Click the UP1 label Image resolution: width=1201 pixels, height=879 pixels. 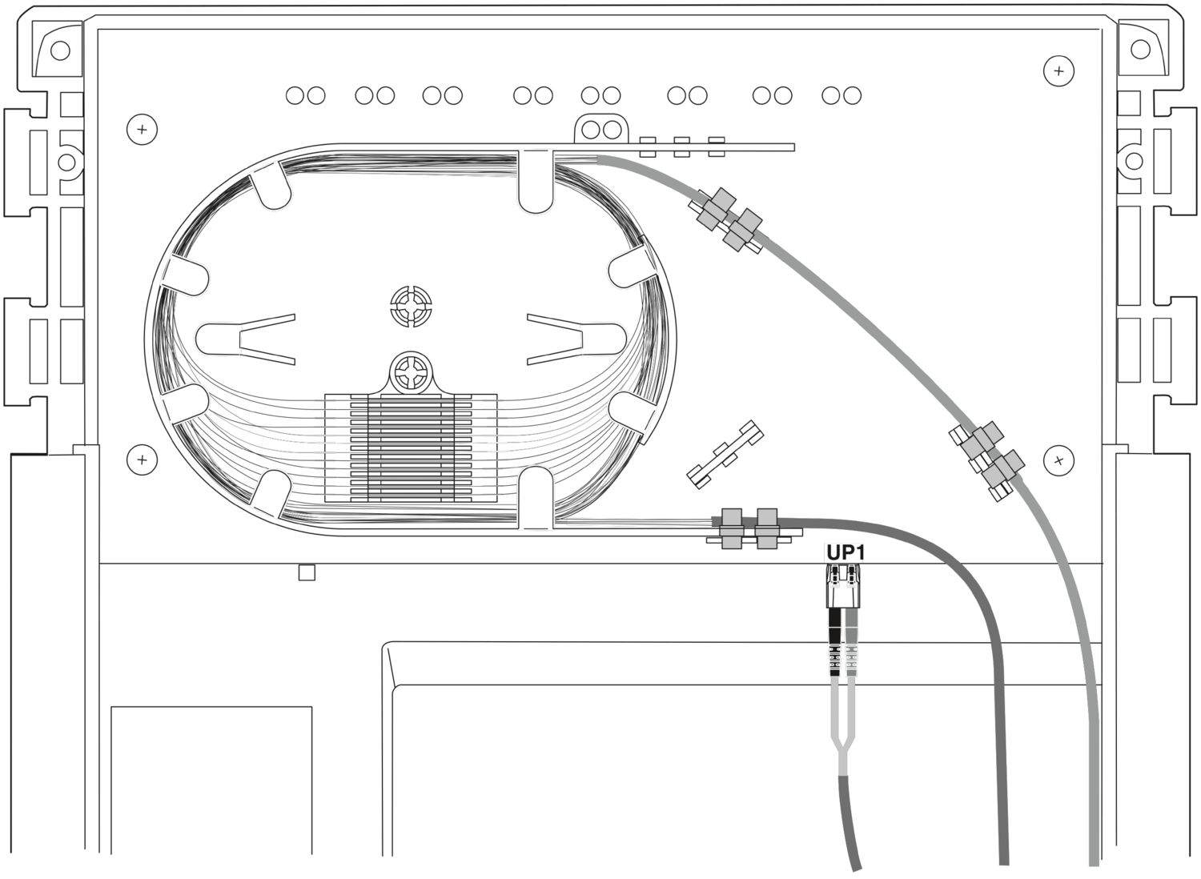[x=846, y=552]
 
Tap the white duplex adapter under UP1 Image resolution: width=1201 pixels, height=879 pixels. [x=844, y=587]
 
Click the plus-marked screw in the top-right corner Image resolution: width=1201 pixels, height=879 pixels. [x=1058, y=71]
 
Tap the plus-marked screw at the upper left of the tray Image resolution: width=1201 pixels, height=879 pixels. [x=142, y=129]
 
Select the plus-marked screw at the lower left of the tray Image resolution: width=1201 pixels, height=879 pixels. [x=142, y=460]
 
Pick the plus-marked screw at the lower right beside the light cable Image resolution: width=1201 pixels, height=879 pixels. [x=1059, y=460]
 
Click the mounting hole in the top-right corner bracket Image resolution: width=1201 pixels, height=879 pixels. [x=1140, y=50]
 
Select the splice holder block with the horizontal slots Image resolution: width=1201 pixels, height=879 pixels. [x=411, y=448]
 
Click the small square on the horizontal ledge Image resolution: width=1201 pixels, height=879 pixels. [x=307, y=572]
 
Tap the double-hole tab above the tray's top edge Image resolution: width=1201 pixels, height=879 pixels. [x=601, y=129]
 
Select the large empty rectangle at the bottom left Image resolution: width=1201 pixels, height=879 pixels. [x=211, y=789]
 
